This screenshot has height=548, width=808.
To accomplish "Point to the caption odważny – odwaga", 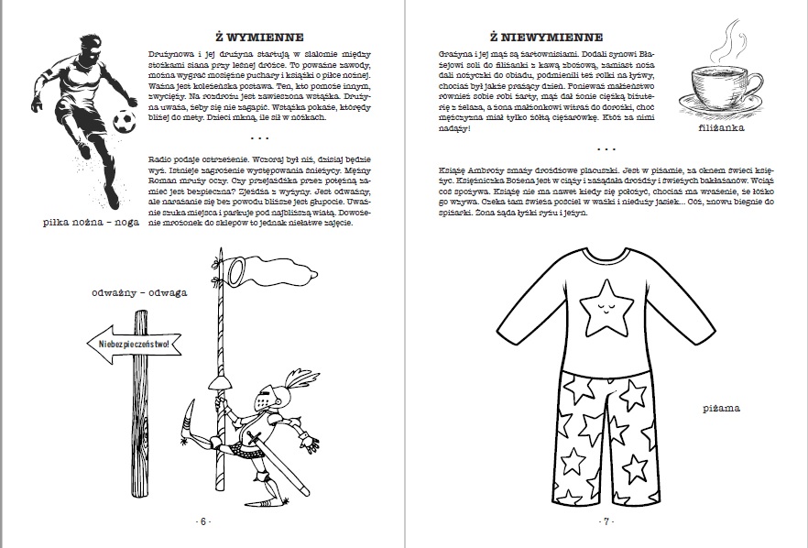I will [x=139, y=293].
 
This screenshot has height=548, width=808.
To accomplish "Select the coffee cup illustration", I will [x=721, y=89].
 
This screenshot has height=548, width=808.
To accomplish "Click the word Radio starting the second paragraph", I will [x=161, y=158].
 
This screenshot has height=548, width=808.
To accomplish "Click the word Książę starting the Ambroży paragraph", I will [x=454, y=170].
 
